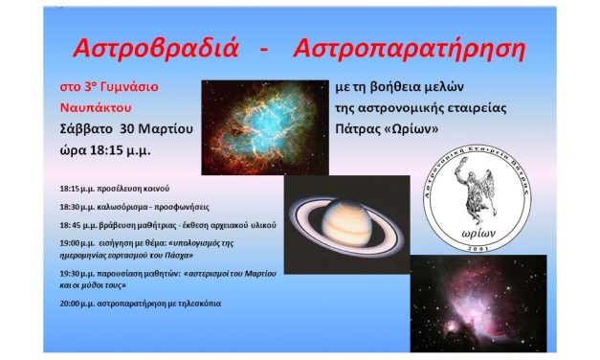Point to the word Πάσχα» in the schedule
click(x=181, y=256)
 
